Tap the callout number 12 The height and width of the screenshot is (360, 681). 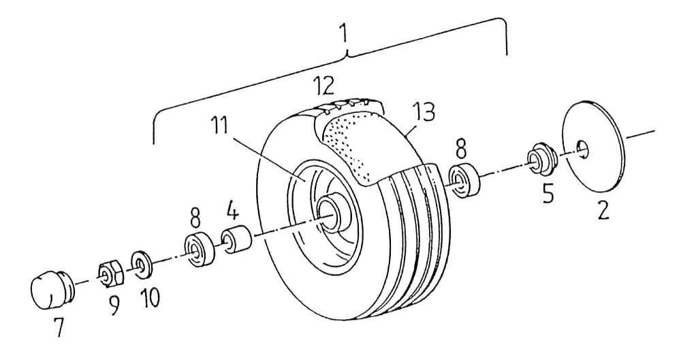click(324, 86)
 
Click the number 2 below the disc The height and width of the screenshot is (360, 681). click(603, 210)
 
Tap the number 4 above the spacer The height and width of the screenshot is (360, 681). click(232, 213)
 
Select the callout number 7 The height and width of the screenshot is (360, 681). click(58, 327)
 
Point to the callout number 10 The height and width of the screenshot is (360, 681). click(150, 298)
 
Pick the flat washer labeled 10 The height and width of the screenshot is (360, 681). click(141, 263)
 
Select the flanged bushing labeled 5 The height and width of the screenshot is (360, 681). click(540, 159)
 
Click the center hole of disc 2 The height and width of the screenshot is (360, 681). click(583, 148)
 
